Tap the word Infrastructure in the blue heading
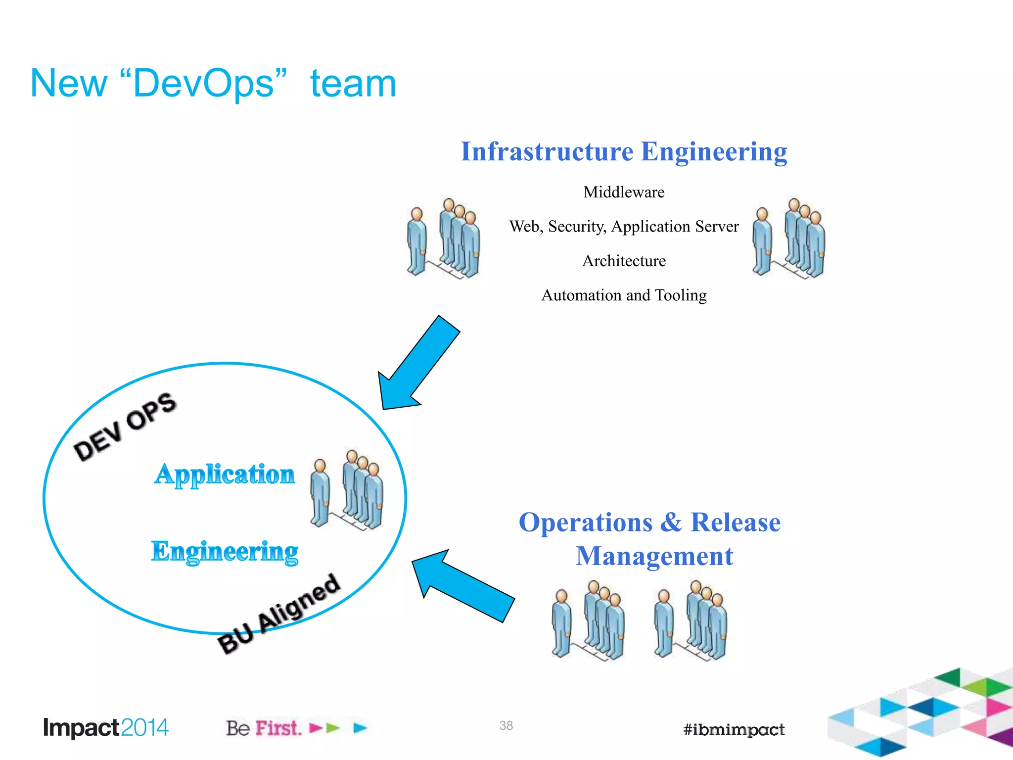coord(547,152)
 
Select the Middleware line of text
coord(624,192)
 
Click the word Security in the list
coord(576,227)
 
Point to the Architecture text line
coord(624,261)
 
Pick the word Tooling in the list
coord(681,295)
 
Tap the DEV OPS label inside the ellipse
coord(125,427)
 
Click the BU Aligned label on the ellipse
coord(279,614)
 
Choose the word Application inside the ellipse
coord(225,475)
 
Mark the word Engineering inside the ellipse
coord(225,551)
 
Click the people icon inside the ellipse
coord(347,490)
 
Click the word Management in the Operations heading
coord(654,556)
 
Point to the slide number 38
coord(506,725)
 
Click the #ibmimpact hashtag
coord(734,729)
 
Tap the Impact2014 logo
coord(106,728)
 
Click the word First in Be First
coord(278,728)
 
